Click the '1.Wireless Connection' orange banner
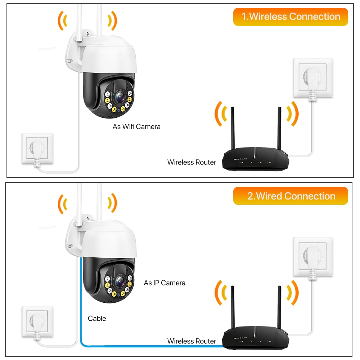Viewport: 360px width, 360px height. [x=291, y=17]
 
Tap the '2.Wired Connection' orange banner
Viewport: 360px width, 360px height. [x=291, y=196]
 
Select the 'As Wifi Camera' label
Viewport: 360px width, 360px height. [x=136, y=126]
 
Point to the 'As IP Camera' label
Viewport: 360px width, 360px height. [x=165, y=283]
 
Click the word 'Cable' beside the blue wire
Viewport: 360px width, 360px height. [x=97, y=318]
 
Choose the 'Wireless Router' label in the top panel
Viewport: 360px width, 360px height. [x=192, y=162]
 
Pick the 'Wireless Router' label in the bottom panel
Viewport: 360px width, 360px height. [x=192, y=341]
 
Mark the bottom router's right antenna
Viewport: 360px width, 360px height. [x=279, y=306]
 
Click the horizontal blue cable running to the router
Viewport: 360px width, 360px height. [x=151, y=346]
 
